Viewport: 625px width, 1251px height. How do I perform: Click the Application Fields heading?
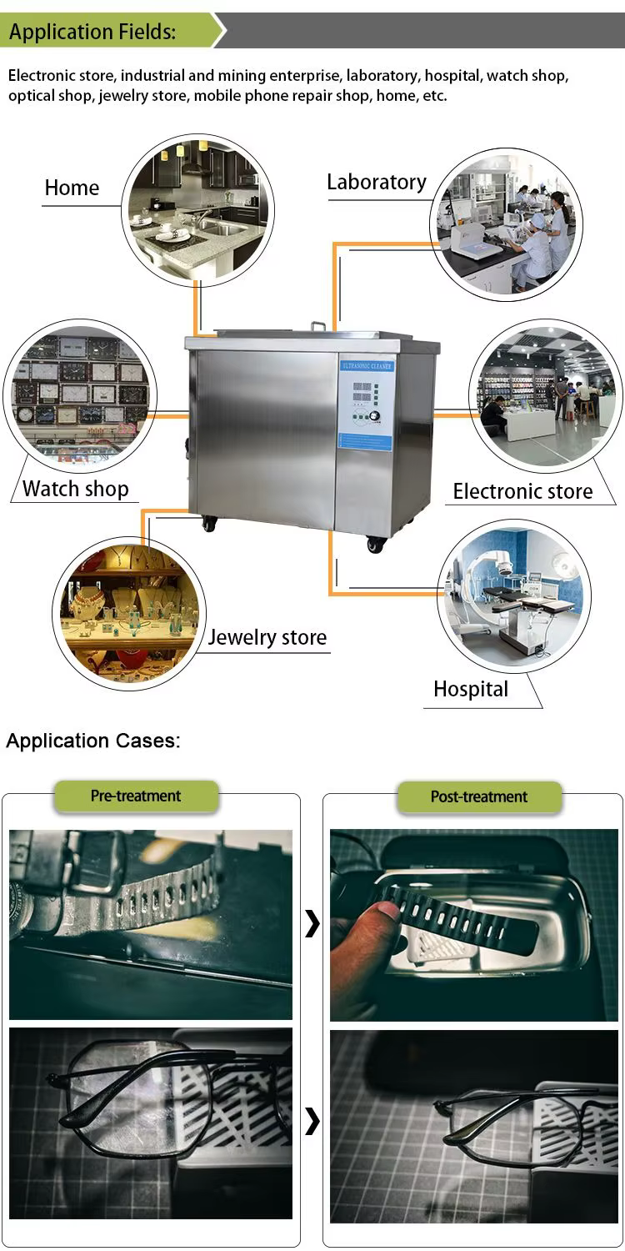pos(92,33)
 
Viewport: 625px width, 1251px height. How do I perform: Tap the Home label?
pos(72,188)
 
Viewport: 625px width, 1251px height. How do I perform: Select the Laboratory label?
pos(376,182)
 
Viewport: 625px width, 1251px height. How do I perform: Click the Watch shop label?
pos(75,488)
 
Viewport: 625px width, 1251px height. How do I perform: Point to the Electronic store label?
pos(522,491)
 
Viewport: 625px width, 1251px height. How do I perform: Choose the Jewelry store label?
pos(267,637)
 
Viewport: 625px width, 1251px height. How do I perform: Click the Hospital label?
pos(470,689)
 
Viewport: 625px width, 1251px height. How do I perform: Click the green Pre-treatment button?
pos(136,796)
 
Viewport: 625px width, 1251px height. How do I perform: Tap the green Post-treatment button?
pos(478,796)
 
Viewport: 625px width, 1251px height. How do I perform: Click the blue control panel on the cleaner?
pos(365,404)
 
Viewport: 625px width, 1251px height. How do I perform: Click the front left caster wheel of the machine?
pos(207,524)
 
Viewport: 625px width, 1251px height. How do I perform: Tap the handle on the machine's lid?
pos(318,325)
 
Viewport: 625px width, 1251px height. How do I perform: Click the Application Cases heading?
pos(92,741)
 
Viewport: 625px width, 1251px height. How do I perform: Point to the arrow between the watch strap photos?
pos(312,923)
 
